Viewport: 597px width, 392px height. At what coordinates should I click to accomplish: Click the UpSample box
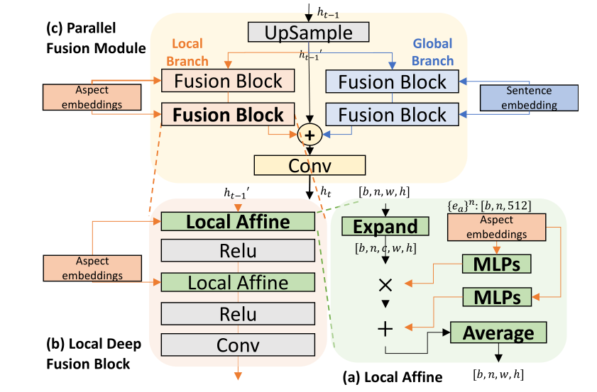click(309, 33)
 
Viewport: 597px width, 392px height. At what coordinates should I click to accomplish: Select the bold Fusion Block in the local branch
click(228, 115)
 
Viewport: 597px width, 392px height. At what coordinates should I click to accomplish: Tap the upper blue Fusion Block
click(393, 82)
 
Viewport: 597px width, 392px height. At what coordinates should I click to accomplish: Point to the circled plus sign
click(310, 133)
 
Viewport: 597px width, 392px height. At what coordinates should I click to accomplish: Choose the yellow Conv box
click(310, 165)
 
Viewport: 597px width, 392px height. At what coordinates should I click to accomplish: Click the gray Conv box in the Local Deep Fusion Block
click(238, 345)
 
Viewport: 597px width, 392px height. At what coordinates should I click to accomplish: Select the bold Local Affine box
click(238, 222)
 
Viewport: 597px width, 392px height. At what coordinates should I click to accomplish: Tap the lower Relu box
click(238, 313)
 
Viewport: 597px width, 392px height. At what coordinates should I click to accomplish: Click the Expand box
click(385, 226)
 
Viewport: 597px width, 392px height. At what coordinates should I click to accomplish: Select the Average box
click(498, 332)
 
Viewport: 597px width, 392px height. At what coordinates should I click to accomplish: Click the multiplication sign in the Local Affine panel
click(385, 285)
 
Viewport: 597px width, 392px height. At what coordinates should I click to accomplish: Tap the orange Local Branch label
click(188, 52)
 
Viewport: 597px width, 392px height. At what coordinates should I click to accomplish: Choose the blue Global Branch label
click(432, 52)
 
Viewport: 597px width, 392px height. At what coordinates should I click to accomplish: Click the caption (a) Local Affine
click(393, 377)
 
